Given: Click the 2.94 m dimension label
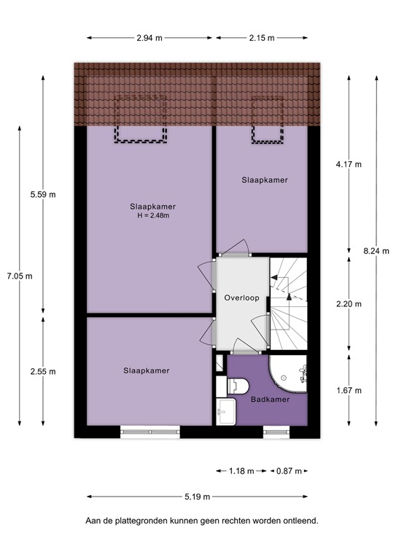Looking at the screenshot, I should click(x=150, y=38).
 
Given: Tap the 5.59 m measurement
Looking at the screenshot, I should click(x=42, y=195).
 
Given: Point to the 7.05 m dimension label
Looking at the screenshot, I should click(x=15, y=276).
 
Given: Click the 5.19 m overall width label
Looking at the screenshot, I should click(x=197, y=497).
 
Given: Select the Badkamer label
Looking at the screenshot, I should click(x=270, y=400).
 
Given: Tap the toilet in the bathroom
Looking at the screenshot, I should click(x=240, y=385).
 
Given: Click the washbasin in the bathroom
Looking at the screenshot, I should click(x=226, y=411).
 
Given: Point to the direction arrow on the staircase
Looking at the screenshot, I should click(x=290, y=295).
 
